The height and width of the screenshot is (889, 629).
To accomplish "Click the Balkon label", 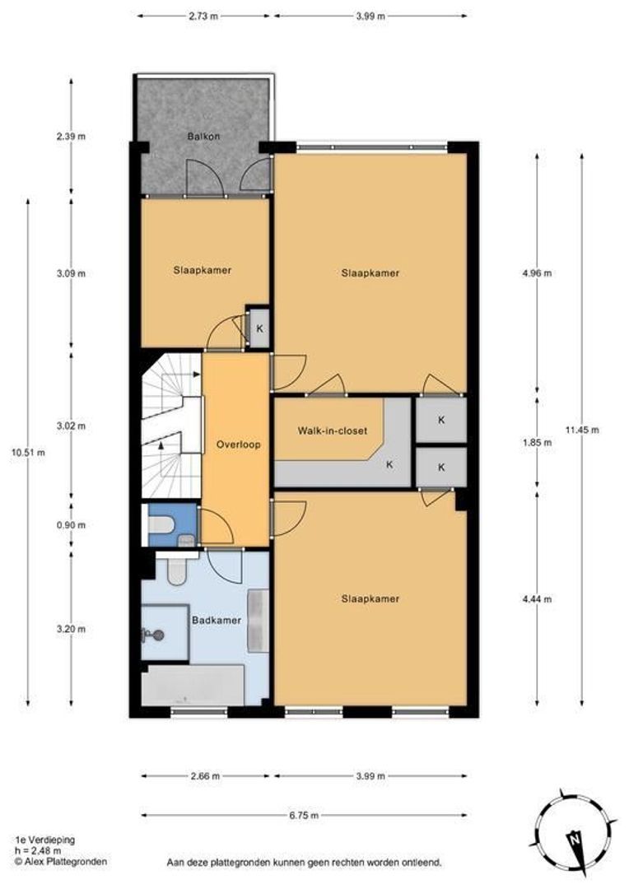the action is pyautogui.click(x=203, y=136).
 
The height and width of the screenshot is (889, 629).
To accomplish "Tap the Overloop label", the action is pyautogui.click(x=238, y=444).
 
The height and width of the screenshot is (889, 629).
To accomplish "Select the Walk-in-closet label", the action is pyautogui.click(x=333, y=431).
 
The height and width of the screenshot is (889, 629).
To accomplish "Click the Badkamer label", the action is pyautogui.click(x=216, y=621).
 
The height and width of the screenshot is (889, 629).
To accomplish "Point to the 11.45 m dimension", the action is pyautogui.click(x=582, y=430).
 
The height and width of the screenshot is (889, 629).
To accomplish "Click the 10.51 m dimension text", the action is pyautogui.click(x=28, y=452).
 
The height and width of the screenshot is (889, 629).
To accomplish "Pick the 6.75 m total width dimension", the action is pyautogui.click(x=304, y=815).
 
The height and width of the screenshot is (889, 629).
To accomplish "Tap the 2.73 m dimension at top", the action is pyautogui.click(x=203, y=16).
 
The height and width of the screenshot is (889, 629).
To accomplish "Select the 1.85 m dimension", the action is pyautogui.click(x=537, y=443).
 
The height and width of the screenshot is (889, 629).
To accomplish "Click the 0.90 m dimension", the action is pyautogui.click(x=71, y=525).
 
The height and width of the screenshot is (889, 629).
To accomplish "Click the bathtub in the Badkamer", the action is pyautogui.click(x=193, y=686).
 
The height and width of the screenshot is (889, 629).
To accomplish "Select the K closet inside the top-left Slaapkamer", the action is pyautogui.click(x=260, y=328).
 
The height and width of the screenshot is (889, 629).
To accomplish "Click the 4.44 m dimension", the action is pyautogui.click(x=537, y=599).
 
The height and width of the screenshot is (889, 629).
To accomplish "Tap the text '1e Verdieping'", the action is pyautogui.click(x=44, y=840).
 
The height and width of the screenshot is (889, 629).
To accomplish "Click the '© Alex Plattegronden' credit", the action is pyautogui.click(x=61, y=861).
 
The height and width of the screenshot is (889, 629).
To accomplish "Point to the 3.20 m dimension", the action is pyautogui.click(x=71, y=629).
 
